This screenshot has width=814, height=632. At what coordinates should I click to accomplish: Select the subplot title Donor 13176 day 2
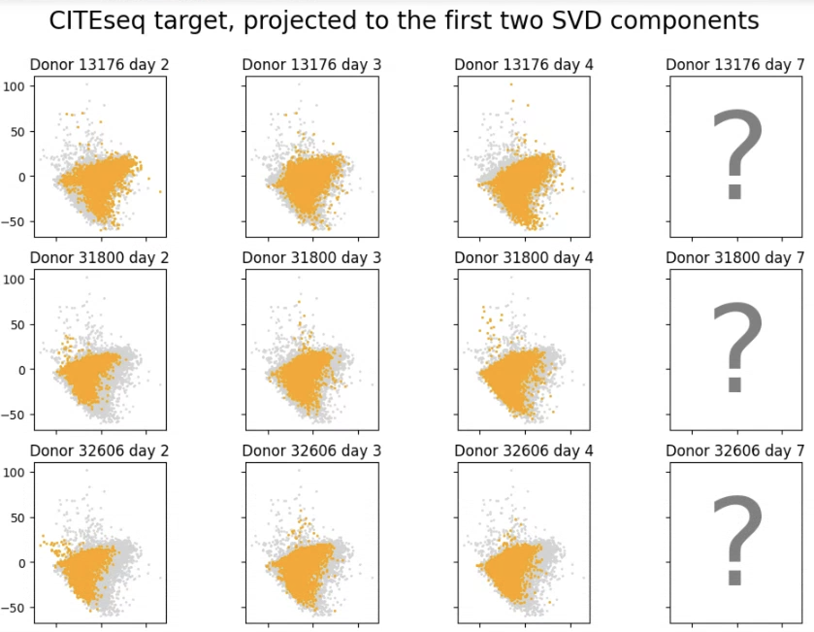click(99, 65)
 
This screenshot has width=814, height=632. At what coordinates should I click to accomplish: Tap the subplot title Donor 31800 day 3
click(311, 257)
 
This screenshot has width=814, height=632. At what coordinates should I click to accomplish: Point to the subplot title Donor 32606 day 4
click(523, 450)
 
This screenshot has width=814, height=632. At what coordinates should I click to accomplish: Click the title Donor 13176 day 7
click(735, 65)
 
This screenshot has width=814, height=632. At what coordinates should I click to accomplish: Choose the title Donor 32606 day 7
click(735, 450)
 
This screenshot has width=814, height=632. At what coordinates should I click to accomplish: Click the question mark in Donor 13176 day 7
click(736, 154)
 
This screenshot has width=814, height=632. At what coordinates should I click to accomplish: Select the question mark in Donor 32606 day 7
click(736, 540)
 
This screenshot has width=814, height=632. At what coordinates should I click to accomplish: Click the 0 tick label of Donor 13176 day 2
click(22, 177)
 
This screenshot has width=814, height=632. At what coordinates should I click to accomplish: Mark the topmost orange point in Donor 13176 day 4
click(511, 84)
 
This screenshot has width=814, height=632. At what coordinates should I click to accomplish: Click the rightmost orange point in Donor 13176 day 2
click(161, 192)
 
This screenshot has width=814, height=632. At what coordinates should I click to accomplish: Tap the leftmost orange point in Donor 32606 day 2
click(41, 545)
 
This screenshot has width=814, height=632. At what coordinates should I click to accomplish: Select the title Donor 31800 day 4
click(523, 257)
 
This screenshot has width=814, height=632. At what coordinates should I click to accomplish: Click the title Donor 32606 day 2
click(99, 450)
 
